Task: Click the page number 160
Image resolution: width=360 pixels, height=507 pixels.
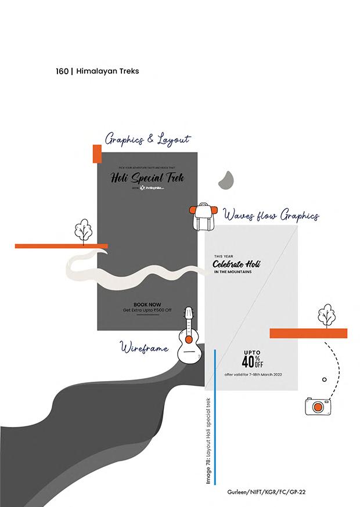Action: pyautogui.click(x=62, y=71)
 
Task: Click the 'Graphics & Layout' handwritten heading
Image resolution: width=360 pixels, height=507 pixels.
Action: pyautogui.click(x=147, y=139)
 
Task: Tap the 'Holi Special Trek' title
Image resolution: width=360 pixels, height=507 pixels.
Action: pyautogui.click(x=147, y=178)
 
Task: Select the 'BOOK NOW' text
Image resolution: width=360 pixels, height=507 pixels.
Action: pyautogui.click(x=147, y=304)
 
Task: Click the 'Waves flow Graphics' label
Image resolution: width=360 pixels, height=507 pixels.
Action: pyautogui.click(x=271, y=216)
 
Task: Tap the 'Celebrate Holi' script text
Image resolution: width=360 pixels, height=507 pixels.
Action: pyautogui.click(x=236, y=265)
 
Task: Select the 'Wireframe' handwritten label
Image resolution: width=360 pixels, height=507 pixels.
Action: pyautogui.click(x=144, y=348)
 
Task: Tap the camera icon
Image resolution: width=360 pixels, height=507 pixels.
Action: pyautogui.click(x=318, y=405)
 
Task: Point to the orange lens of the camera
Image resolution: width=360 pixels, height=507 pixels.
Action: pyautogui.click(x=318, y=407)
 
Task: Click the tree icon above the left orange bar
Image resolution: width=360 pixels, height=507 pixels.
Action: pyautogui.click(x=83, y=230)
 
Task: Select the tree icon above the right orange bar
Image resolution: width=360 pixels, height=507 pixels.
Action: pyautogui.click(x=326, y=315)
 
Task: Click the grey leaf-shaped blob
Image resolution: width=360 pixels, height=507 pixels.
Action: pyautogui.click(x=225, y=182)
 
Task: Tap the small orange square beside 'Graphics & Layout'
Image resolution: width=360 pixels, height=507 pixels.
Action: pyautogui.click(x=97, y=154)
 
